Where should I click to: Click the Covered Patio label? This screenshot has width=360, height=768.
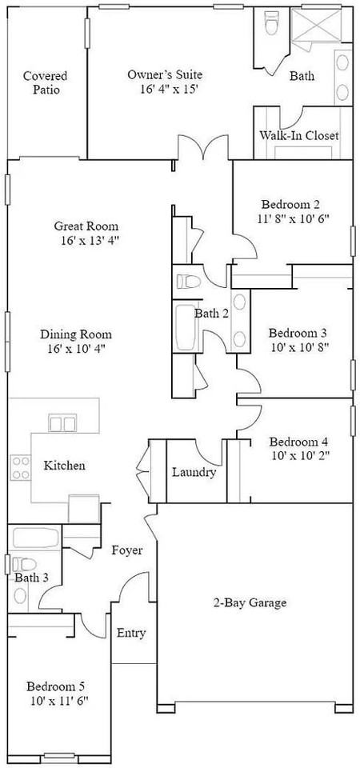(45, 83)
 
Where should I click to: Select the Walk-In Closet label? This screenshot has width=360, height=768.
(298, 135)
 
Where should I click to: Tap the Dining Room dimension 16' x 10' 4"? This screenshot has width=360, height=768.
(76, 349)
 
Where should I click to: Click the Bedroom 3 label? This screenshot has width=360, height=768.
(298, 333)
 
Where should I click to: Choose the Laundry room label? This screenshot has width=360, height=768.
(194, 472)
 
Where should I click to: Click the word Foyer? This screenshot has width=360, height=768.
(127, 550)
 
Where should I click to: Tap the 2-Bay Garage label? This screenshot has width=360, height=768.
(249, 602)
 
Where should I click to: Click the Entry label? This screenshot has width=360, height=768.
(131, 633)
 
